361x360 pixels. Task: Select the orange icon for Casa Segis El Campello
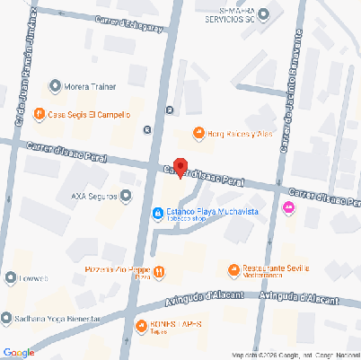tap(40, 114)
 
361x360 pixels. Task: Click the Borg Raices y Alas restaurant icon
tap(198, 134)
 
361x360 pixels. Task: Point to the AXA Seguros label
tap(92, 194)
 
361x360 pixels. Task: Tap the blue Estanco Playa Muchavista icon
tap(156, 213)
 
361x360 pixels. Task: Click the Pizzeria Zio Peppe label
tap(116, 270)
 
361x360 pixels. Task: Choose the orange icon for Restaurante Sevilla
tap(233, 268)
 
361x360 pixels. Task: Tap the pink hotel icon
tap(288, 208)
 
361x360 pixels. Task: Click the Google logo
tap(18, 352)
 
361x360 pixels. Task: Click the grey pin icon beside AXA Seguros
tap(126, 194)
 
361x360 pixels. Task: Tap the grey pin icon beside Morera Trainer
tap(56, 87)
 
